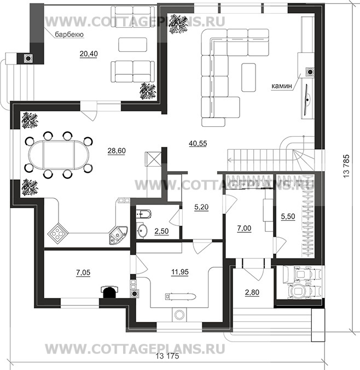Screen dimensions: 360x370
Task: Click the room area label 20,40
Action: pos(89,54)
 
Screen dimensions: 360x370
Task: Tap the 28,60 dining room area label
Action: pos(117,150)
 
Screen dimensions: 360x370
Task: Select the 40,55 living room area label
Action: pos(198,143)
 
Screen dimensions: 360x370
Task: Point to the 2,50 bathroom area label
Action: pos(161,231)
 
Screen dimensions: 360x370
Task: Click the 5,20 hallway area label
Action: pos(201,207)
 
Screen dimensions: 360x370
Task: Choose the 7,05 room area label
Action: pos(83,272)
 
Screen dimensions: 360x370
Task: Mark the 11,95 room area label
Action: pos(180,272)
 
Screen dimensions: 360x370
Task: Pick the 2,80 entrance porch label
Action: pos(252,292)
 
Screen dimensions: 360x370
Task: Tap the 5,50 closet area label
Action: pos(288,216)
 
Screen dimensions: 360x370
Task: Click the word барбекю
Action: pos(69,34)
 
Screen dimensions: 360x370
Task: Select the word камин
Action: pos(282,86)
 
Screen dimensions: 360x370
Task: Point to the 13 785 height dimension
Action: pos(346,166)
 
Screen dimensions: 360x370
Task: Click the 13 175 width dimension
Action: pos(167,356)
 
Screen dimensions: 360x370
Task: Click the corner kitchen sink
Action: pos(118,235)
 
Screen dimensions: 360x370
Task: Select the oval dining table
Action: pos(59,155)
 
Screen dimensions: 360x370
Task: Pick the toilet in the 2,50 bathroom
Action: pos(143,213)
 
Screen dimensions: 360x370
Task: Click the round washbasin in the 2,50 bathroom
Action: pos(142,230)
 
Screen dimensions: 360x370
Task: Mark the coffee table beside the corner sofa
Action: pos(248,77)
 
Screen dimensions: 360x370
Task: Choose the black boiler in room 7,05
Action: pos(109,292)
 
